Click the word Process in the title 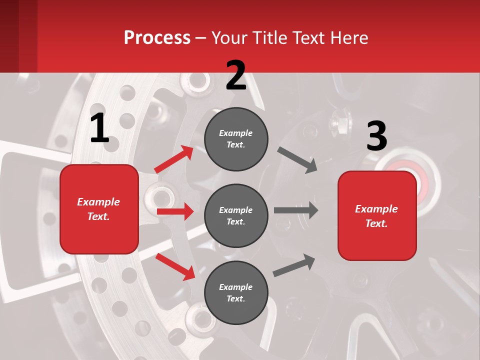[x=157, y=37]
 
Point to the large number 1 [x=99, y=128]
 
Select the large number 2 [x=236, y=75]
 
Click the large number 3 [x=376, y=136]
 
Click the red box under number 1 [x=99, y=209]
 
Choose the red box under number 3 [x=377, y=216]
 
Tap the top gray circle [x=236, y=139]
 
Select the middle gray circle [x=236, y=215]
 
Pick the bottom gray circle [x=236, y=292]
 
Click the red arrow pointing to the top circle [x=174, y=159]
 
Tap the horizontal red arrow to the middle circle [x=175, y=211]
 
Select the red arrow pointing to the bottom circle [x=175, y=266]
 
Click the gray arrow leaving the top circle [x=297, y=159]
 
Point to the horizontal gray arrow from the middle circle [x=296, y=210]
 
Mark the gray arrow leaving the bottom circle [x=294, y=264]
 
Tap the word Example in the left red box [x=98, y=202]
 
